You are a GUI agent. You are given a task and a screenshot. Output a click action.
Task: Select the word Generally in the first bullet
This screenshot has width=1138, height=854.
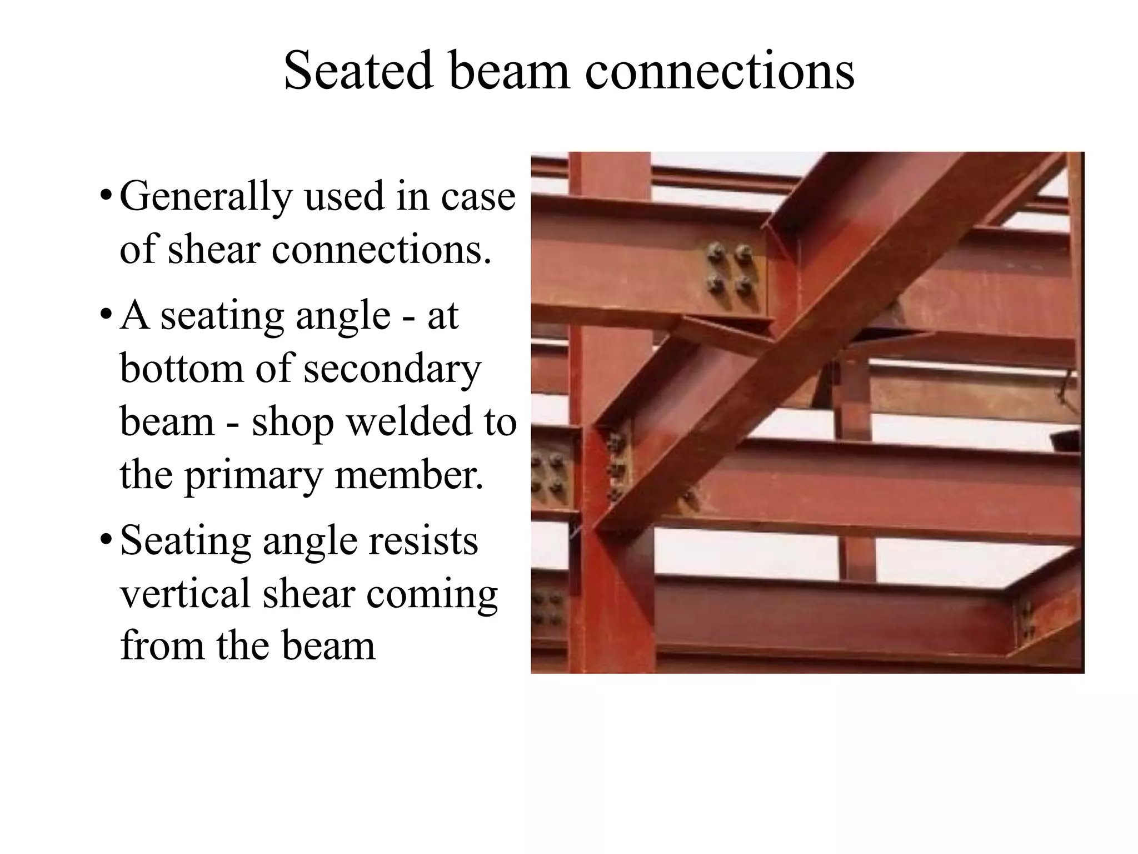(206, 198)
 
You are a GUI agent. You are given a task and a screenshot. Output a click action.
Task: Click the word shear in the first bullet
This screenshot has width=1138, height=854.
(214, 250)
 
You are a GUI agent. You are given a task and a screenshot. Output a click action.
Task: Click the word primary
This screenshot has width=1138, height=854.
(253, 476)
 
